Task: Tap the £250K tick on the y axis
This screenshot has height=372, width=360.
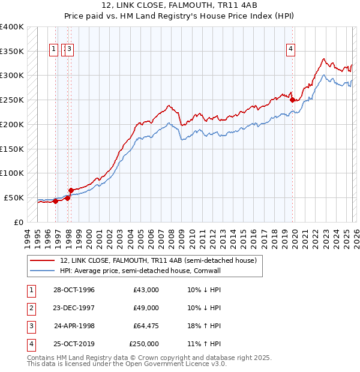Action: click(x=12, y=100)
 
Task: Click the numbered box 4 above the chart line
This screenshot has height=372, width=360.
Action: click(x=290, y=49)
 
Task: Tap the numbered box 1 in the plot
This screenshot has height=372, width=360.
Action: click(x=53, y=49)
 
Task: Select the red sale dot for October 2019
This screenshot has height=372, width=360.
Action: click(x=292, y=100)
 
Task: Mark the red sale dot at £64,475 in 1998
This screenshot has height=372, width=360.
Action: click(x=71, y=190)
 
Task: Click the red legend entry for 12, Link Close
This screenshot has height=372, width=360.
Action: click(x=158, y=260)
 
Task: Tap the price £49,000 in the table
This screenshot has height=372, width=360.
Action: click(x=146, y=308)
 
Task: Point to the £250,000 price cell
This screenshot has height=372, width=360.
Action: click(x=144, y=344)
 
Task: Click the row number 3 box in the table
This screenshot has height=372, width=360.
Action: click(x=31, y=326)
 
